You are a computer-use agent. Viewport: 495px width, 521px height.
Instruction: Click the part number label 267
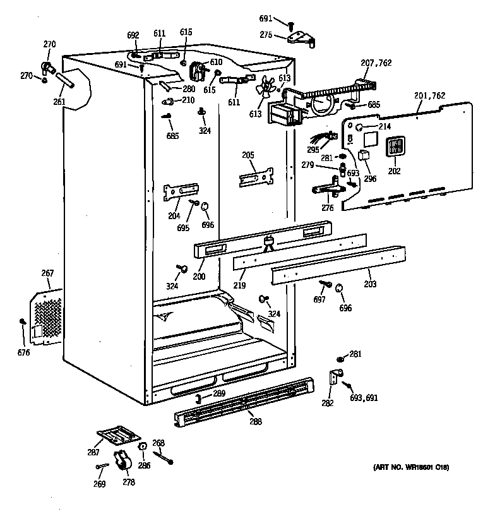click(x=47, y=273)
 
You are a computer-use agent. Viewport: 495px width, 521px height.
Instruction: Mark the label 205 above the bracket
click(x=247, y=155)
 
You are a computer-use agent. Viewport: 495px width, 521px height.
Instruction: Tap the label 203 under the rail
click(x=369, y=285)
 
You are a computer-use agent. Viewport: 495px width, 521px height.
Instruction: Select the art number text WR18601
click(x=413, y=468)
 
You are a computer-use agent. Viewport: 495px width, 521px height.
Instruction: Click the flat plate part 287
click(x=118, y=434)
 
